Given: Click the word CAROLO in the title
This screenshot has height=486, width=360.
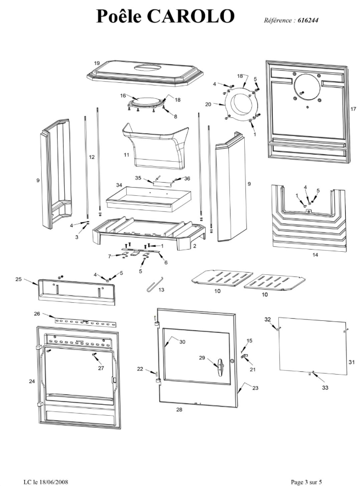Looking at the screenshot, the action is point(190,16).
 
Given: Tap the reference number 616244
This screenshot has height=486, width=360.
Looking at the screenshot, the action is point(308,20).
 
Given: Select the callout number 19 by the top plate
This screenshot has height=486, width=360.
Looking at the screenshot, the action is point(97,63).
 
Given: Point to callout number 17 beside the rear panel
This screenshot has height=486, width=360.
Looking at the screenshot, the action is point(353,109).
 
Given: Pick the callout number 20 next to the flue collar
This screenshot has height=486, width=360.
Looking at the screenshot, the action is point(208,104).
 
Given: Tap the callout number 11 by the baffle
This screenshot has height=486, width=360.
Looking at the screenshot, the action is point(126,155).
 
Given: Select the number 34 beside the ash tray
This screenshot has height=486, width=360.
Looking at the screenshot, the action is point(119,185).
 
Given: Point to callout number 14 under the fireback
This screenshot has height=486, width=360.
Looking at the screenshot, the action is point(315,255).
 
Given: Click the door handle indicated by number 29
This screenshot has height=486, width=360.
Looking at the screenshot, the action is point(220,368).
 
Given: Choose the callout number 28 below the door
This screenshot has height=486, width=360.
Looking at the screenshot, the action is point(179,409).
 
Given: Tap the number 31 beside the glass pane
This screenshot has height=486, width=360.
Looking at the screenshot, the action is point(351,362).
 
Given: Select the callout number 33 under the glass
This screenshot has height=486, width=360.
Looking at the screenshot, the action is point(325,387).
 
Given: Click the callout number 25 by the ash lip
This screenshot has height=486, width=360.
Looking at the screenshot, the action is point(19,279).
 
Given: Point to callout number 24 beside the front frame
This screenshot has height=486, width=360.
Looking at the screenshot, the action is point(32,381).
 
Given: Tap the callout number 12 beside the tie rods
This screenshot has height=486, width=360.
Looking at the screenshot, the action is point(92,157).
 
